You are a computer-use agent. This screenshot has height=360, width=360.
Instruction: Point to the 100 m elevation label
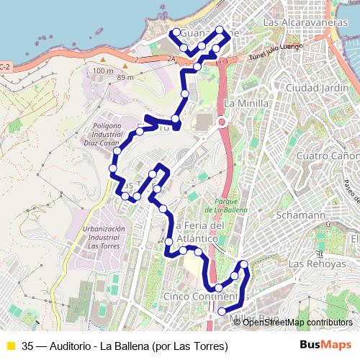click(103, 71)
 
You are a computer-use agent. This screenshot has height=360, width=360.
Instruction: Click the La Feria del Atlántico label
click(202, 232)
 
